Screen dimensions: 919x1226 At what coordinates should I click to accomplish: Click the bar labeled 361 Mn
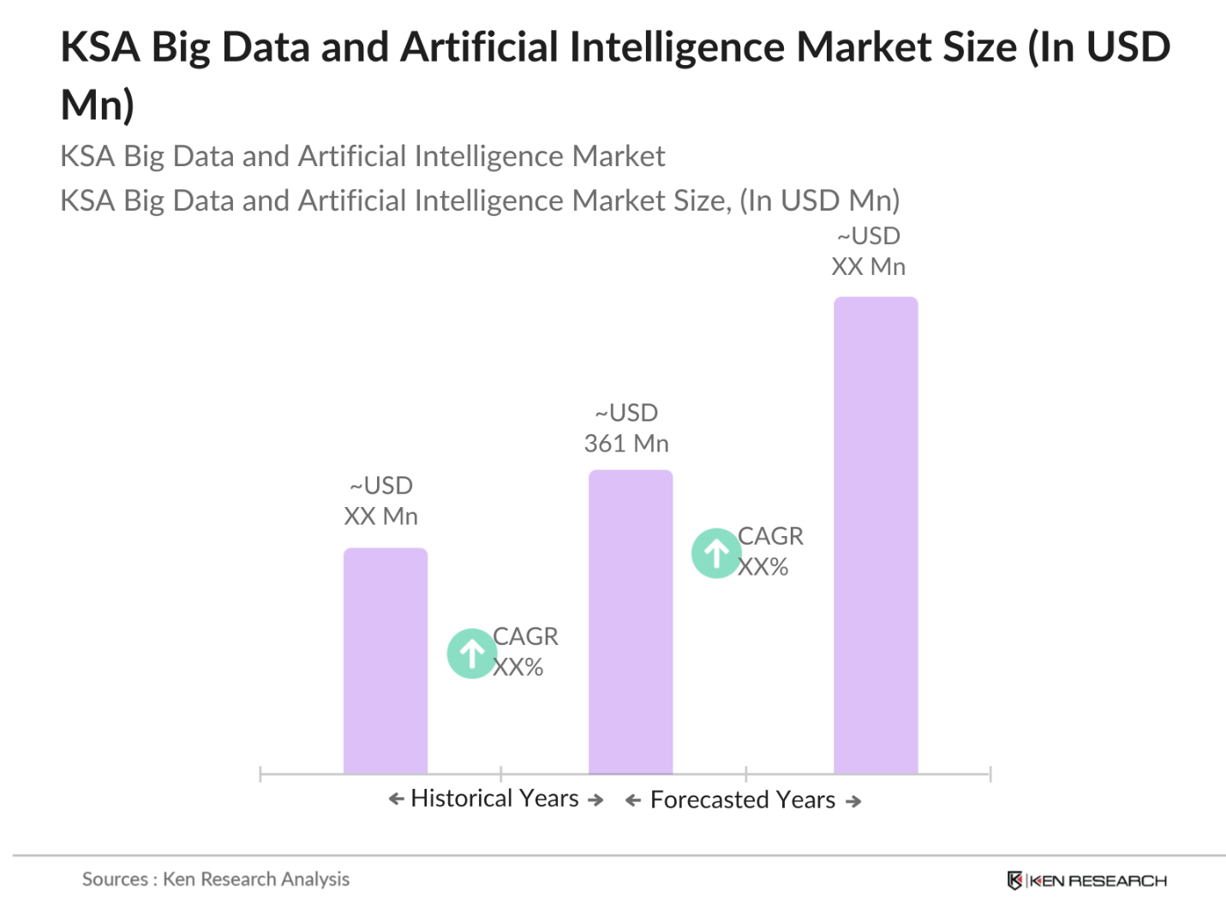[x=630, y=621]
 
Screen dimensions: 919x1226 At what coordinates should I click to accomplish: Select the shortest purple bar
[x=385, y=660]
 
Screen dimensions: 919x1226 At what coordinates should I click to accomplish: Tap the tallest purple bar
[x=875, y=535]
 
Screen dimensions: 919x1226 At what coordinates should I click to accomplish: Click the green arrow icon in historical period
[x=471, y=653]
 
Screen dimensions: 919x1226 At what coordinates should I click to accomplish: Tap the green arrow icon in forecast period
[x=716, y=553]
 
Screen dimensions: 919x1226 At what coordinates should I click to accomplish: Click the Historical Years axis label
[x=494, y=798]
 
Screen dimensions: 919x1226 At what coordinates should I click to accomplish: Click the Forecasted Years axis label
[x=742, y=800]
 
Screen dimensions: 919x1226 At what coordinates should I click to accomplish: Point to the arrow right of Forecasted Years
[x=852, y=802]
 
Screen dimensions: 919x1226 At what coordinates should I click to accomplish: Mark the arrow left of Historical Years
[x=396, y=799]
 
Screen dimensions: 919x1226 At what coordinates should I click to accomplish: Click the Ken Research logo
[x=1086, y=880]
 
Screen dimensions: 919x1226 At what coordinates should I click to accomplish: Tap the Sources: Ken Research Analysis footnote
[x=216, y=879]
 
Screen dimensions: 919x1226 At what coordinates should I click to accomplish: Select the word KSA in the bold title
[x=100, y=47]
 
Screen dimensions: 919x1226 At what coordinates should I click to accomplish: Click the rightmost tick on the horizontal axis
[x=990, y=774]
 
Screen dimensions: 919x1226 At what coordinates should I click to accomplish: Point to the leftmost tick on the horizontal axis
[x=260, y=774]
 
